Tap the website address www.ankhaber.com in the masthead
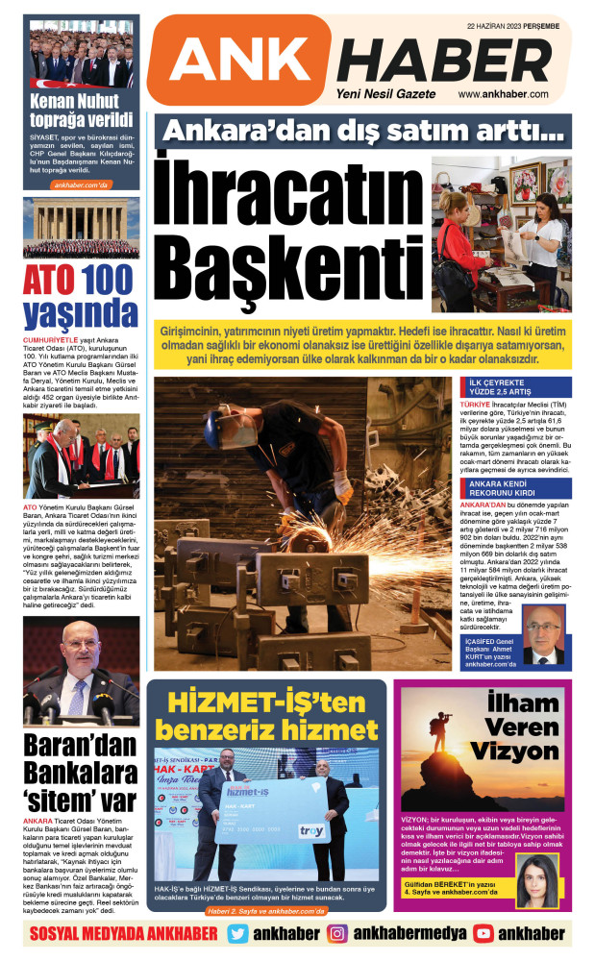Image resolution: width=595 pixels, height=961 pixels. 508,94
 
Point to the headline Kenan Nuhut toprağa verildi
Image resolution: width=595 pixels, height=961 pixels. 81,111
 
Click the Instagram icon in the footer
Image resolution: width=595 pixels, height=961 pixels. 337,933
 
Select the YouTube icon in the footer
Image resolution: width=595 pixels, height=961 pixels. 483,933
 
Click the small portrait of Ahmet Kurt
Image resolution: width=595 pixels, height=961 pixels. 543,639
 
